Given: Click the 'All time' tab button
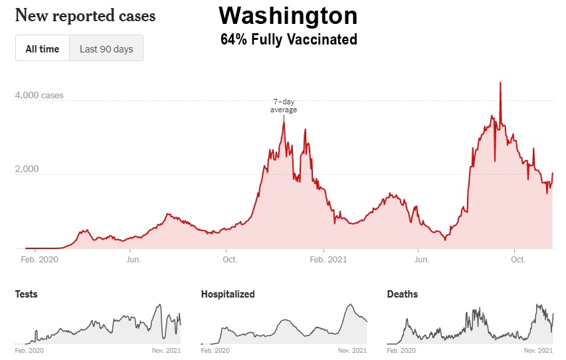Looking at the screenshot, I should (x=43, y=48).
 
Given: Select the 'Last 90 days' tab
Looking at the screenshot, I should (x=106, y=48).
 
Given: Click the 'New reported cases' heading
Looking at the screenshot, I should (x=85, y=15).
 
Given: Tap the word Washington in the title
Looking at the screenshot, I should (x=288, y=15).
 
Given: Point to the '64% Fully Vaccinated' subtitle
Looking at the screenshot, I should (x=288, y=40).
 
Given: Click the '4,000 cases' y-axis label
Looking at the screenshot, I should (x=39, y=96).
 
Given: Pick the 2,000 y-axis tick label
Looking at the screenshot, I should (x=27, y=169).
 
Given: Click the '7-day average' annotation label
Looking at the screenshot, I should (x=284, y=106).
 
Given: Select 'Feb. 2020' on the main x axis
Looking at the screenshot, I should (x=39, y=259).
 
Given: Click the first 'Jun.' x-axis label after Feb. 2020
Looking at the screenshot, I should (x=133, y=259).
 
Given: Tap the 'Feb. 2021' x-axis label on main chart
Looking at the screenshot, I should (x=328, y=259).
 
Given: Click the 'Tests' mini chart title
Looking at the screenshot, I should (x=26, y=294).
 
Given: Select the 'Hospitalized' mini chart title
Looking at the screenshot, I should (x=228, y=294).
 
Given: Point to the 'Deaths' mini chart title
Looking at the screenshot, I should (x=403, y=294).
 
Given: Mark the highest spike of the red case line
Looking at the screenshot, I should (x=500, y=82).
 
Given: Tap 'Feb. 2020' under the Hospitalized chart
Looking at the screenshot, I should (x=215, y=349).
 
